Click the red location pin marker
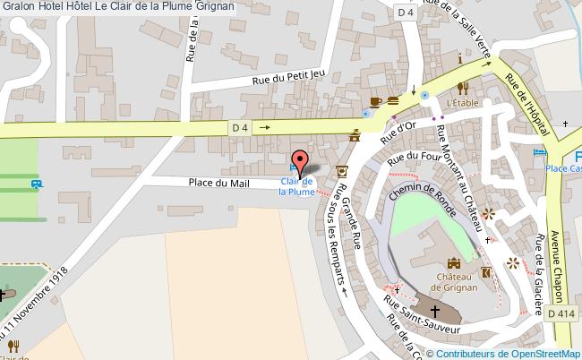[x=301, y=162]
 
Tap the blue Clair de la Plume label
[x=296, y=186]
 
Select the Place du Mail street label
[x=218, y=184]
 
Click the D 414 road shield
[x=557, y=312]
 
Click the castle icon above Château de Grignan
[x=454, y=263]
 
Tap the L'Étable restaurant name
[x=464, y=104]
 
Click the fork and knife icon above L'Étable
[x=463, y=88]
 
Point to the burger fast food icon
[x=393, y=101]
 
